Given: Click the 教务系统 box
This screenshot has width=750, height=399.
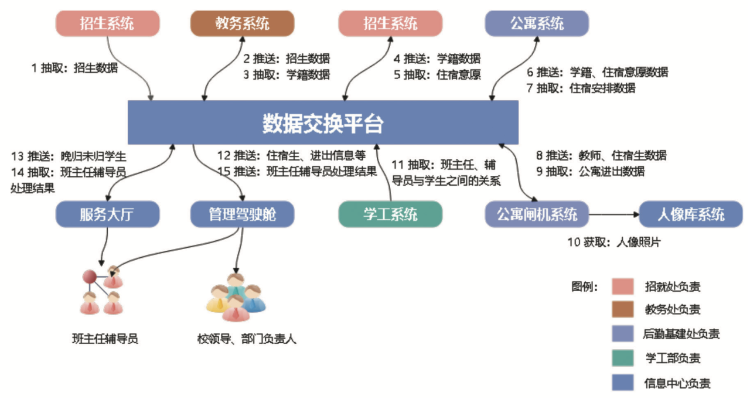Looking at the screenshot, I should (242, 24).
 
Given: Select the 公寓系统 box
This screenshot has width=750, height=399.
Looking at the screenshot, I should (537, 24).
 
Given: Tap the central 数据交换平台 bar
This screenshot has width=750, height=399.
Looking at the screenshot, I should (323, 122).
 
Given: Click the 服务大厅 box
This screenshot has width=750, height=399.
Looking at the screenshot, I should (107, 214).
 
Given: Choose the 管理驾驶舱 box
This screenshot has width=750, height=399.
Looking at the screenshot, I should (242, 214).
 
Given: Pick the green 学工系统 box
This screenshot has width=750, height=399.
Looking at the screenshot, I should (390, 214).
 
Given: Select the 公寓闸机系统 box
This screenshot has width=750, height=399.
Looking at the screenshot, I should (537, 214).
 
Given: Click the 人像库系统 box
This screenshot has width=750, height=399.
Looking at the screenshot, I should (691, 214).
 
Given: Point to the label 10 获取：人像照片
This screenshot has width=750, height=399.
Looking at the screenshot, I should (613, 243).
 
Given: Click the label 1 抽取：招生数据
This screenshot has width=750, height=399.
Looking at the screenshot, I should (75, 68).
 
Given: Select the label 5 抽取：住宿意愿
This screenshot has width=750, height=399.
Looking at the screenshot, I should (437, 74).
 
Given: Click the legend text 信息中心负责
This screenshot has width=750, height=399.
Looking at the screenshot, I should (677, 384).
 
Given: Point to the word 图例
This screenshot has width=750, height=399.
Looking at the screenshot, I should (584, 287).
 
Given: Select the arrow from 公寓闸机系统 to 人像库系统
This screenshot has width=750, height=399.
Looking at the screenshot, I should (613, 214).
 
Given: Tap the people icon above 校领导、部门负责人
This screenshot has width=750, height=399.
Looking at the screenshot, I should (236, 297).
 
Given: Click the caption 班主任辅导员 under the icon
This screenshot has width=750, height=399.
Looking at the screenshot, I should (105, 339).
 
